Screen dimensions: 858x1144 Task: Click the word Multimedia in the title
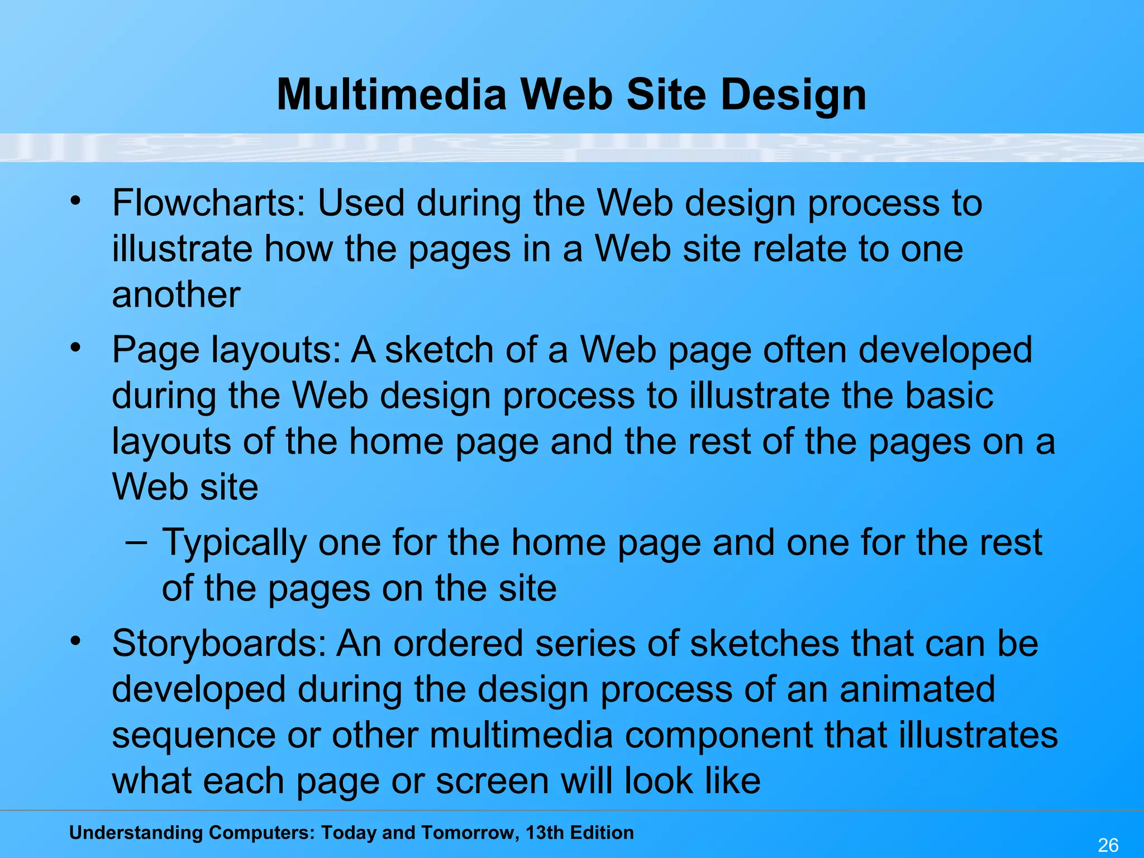(x=392, y=95)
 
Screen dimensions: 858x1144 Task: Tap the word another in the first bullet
(x=176, y=295)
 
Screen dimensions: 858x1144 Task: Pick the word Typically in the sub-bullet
(x=234, y=543)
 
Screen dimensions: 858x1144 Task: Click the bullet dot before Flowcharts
(x=76, y=200)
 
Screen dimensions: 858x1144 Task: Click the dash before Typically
(x=136, y=541)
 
